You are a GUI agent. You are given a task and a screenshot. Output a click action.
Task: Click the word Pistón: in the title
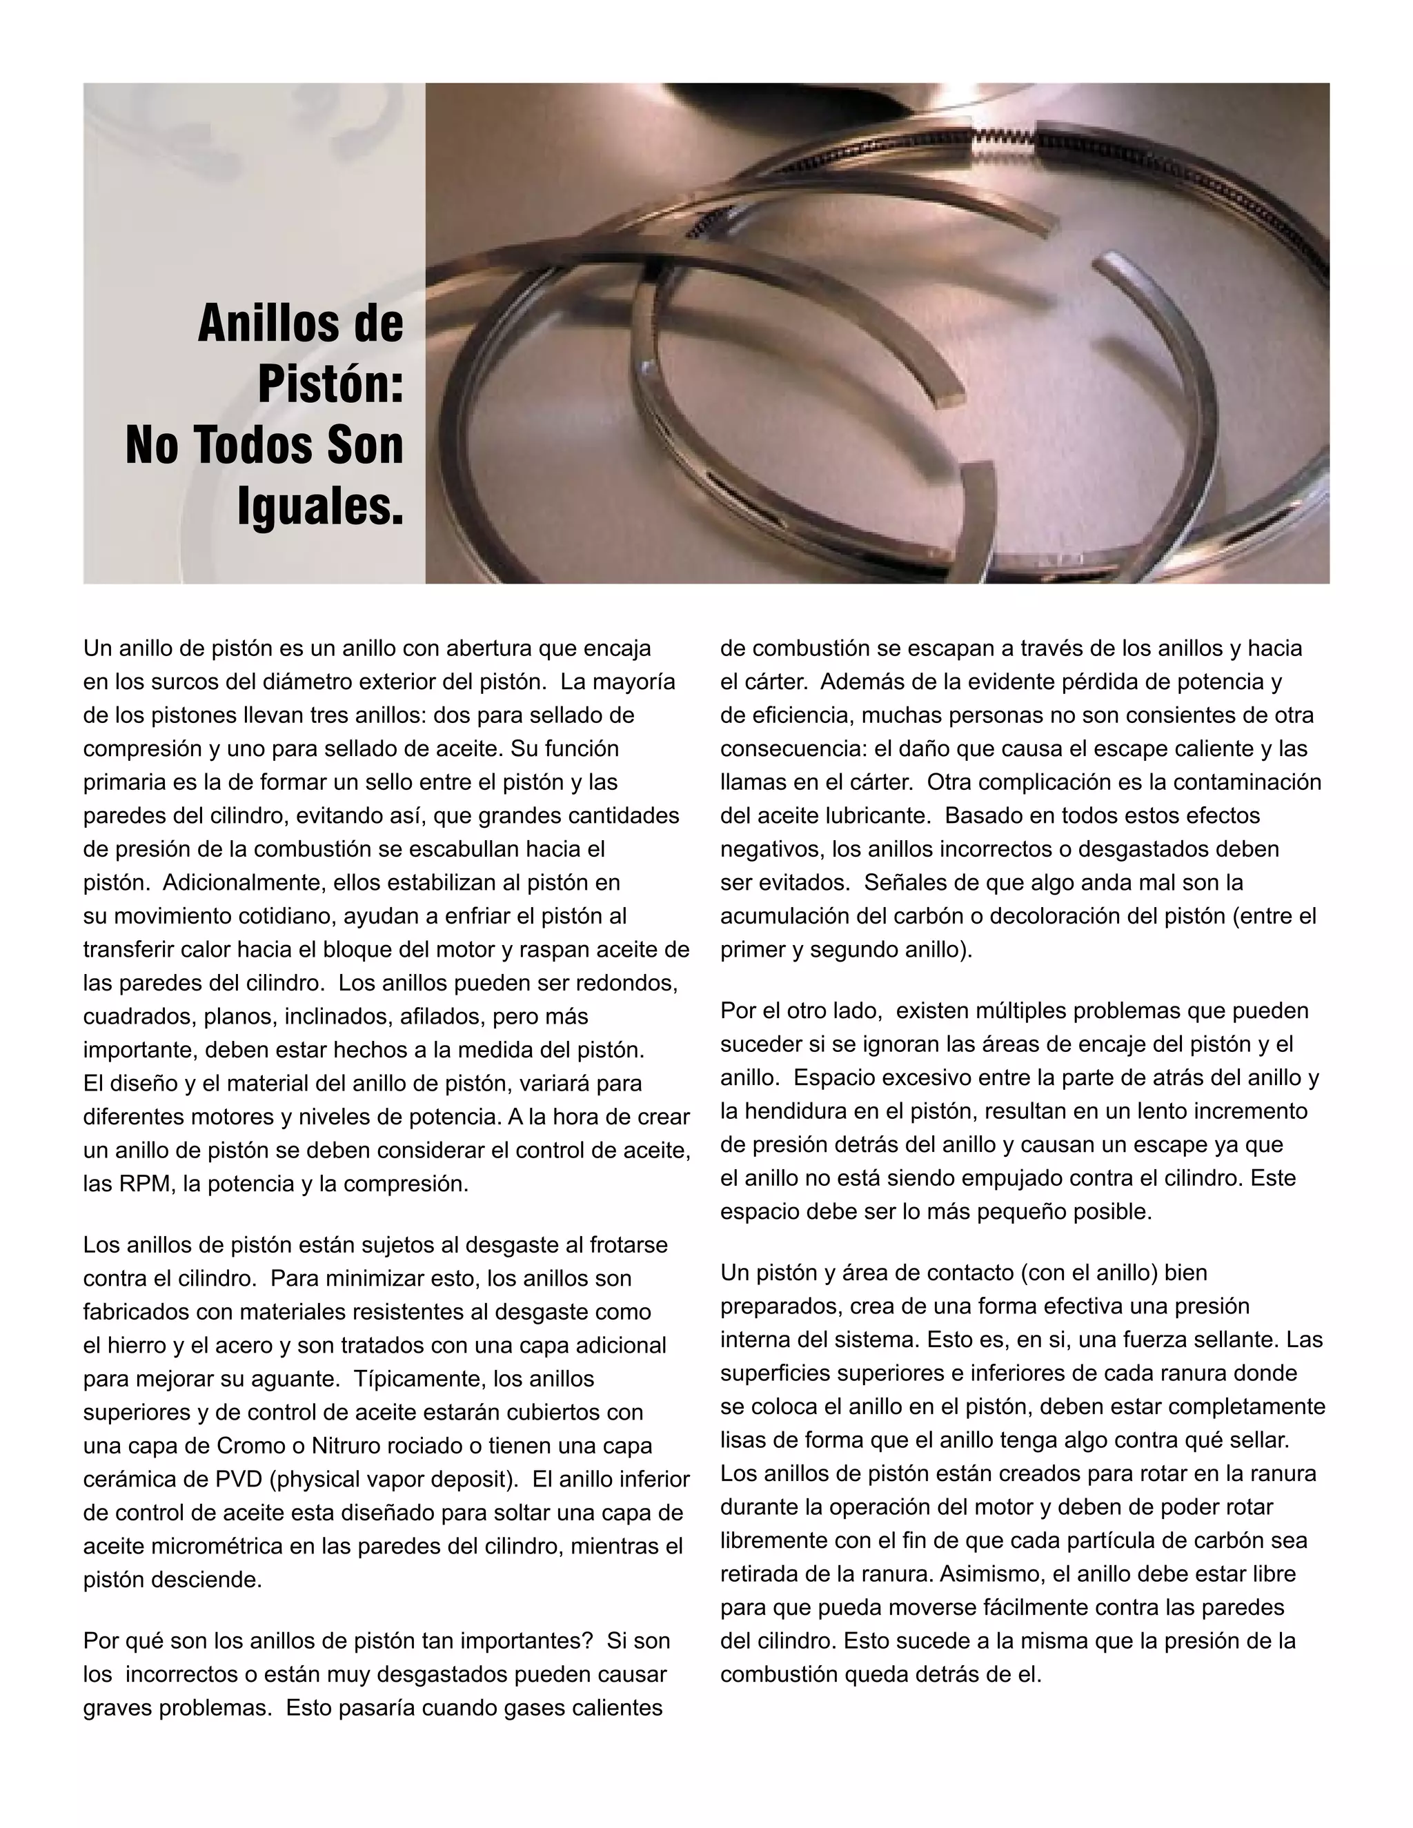(x=330, y=384)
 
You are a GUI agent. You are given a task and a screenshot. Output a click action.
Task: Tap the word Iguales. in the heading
(x=321, y=506)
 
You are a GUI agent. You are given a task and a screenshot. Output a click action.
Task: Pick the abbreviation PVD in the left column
(x=239, y=1479)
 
